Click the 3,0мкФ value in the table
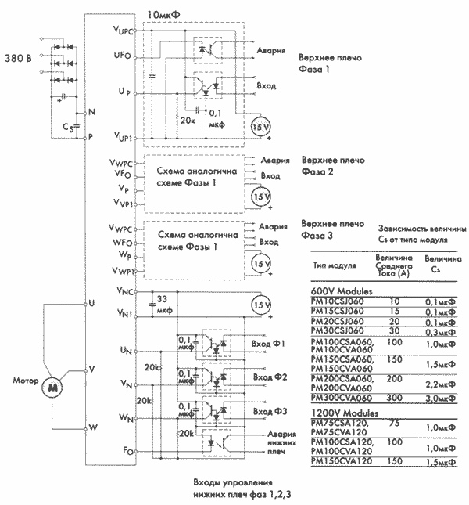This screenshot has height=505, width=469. coord(439,398)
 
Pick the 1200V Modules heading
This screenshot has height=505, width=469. coord(342,412)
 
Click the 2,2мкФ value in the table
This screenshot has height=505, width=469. coord(439,385)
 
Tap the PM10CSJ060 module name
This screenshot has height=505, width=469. coord(338,301)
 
